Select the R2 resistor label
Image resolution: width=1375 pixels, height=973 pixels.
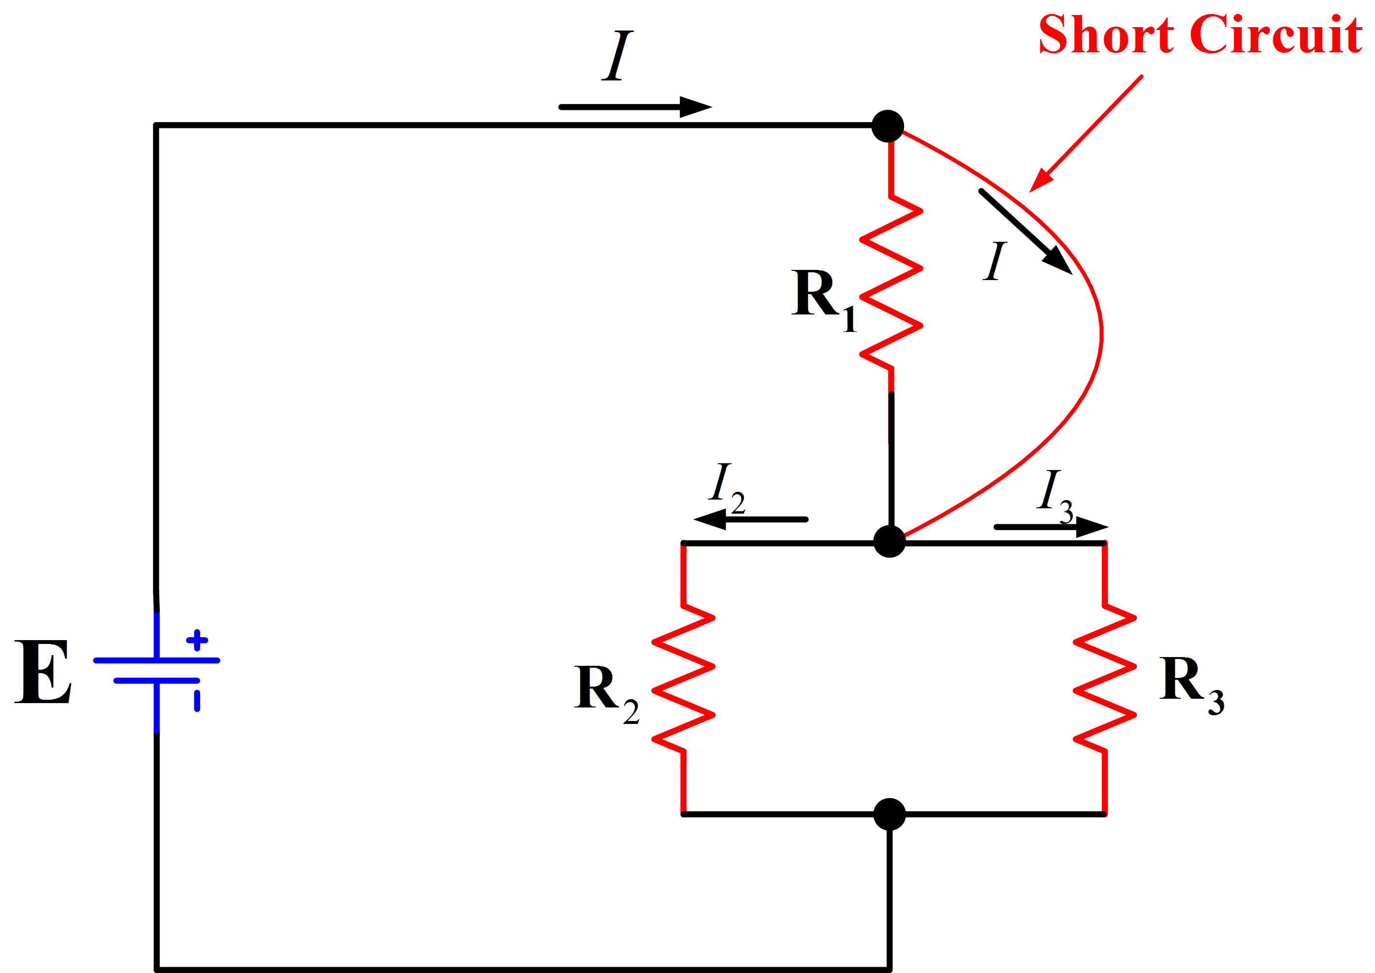(605, 692)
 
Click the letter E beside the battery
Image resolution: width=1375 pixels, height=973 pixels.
(43, 672)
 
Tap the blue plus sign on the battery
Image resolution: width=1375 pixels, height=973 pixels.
(197, 640)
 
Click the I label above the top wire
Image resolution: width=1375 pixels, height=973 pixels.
(617, 55)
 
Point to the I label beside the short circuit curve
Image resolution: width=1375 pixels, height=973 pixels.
(995, 261)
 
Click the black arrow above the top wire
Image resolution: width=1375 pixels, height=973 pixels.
(635, 107)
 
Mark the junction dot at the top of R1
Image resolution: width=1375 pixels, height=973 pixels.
(887, 126)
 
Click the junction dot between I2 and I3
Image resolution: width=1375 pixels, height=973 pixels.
(889, 542)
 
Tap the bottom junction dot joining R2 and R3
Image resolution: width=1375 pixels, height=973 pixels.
(889, 814)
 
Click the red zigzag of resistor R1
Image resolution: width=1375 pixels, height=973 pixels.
(891, 282)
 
